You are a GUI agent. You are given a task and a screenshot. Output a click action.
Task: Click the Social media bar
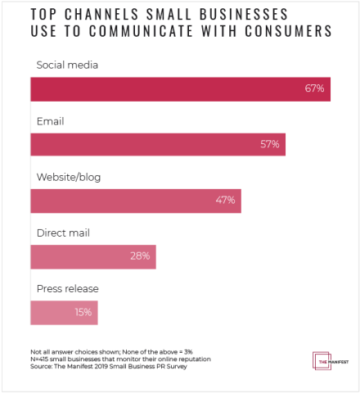[180, 89]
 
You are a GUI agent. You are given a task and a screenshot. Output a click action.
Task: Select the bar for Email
[158, 145]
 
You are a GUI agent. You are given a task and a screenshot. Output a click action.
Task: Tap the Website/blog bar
[136, 201]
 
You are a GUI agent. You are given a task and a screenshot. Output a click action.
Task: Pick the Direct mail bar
[92, 256]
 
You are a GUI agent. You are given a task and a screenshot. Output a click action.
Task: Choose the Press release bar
[64, 312]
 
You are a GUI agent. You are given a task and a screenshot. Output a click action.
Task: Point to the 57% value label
[269, 145]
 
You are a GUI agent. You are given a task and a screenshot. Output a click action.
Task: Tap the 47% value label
[225, 201]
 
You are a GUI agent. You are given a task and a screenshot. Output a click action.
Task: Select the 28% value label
[140, 256]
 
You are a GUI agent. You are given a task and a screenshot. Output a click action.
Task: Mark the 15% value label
[82, 312]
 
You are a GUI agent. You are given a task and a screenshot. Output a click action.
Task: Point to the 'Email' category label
[50, 120]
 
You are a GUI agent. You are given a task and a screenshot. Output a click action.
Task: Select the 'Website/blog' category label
[70, 176]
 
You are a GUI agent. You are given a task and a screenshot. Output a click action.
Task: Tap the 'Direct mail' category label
[63, 233]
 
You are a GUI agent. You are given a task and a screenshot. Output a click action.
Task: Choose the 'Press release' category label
[68, 288]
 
